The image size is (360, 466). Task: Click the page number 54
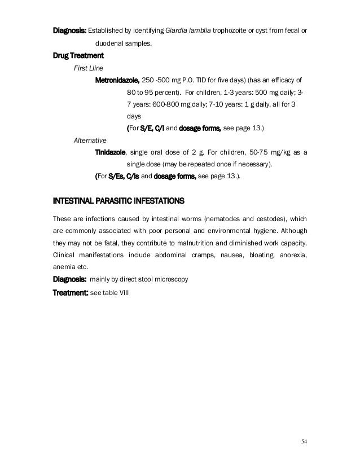[305, 441]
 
